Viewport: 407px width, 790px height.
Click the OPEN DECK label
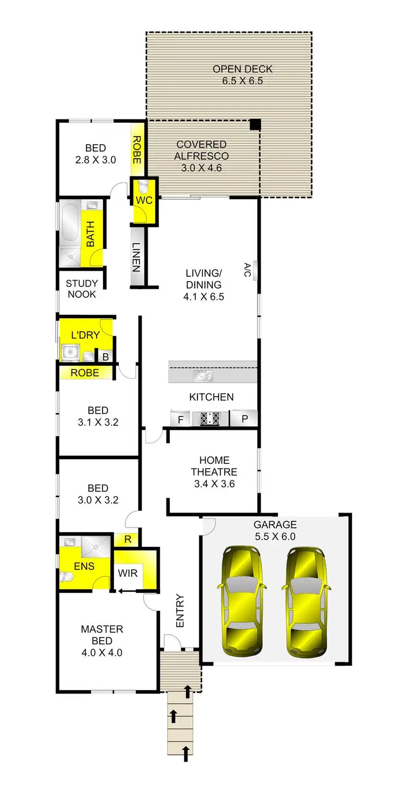coord(242,69)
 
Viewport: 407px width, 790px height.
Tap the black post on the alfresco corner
coord(255,125)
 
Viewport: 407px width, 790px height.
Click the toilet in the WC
coord(144,187)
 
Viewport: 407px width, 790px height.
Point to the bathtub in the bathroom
coord(69,223)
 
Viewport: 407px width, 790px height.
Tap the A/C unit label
coord(247,269)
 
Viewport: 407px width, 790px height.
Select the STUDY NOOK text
coord(82,289)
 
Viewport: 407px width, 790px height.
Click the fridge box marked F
coord(180,419)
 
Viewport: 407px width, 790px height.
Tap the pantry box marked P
coord(244,419)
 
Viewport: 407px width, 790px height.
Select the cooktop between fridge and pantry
coord(210,418)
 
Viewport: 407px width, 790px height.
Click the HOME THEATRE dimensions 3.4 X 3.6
coord(214,484)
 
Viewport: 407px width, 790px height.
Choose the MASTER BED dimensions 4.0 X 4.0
coord(101,652)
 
